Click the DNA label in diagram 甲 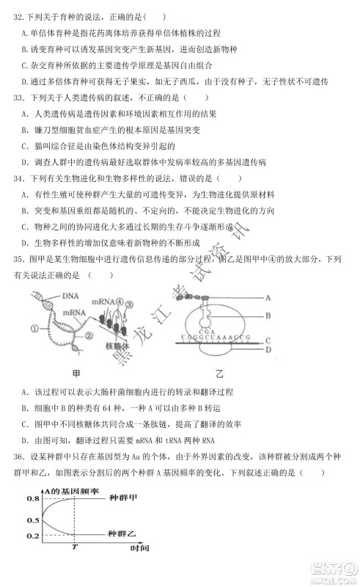point(70,296)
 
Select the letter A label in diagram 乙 point(268,297)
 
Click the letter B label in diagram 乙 point(268,316)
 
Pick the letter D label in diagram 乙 point(268,349)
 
